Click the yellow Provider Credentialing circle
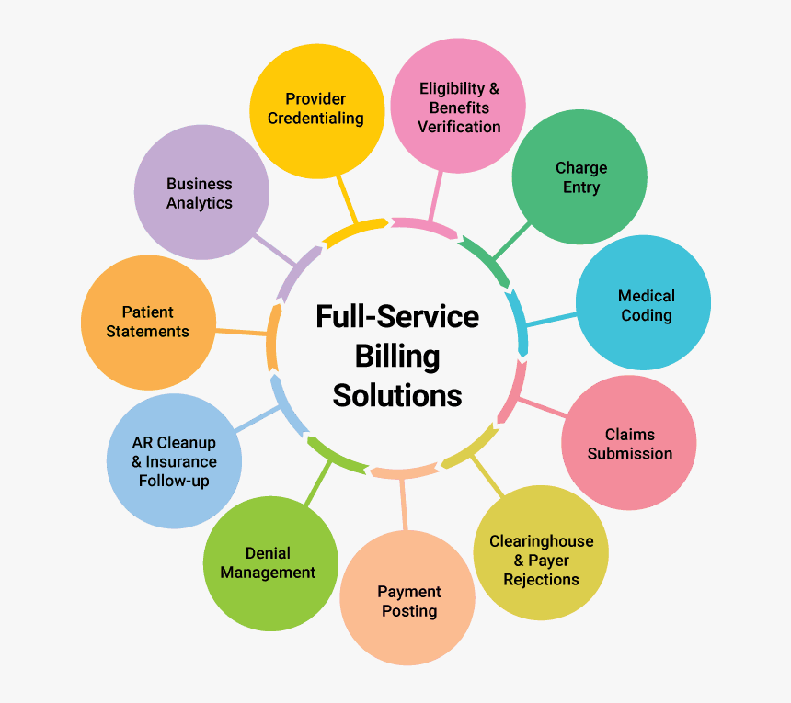coord(317,109)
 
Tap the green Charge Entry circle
coord(579,177)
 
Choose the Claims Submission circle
coord(629,444)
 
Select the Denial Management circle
coord(269,562)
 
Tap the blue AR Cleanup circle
coord(174,461)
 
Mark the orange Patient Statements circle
coord(148,322)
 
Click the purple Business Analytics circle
coord(201,193)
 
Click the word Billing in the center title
coord(397,356)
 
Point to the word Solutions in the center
coord(397,395)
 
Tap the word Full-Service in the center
coord(397,316)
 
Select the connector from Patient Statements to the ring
coord(241,331)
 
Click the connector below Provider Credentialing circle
coord(347,197)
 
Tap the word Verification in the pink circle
coord(459,127)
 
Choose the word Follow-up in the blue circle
coord(174,481)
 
